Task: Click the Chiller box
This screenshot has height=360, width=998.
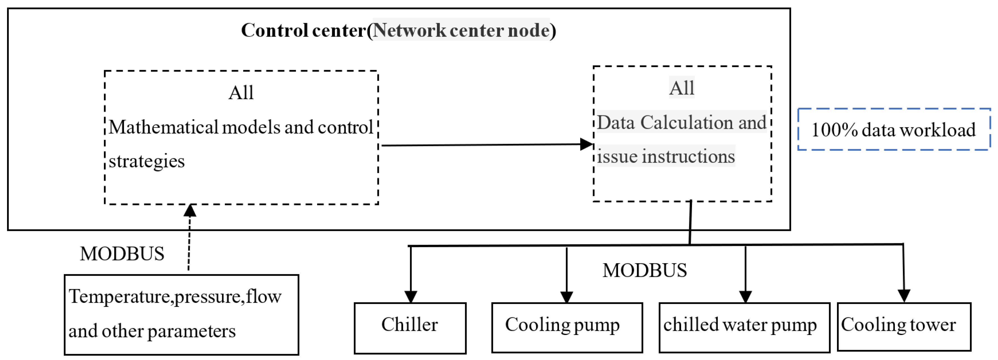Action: (x=410, y=328)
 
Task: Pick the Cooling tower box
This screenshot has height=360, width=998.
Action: (x=904, y=327)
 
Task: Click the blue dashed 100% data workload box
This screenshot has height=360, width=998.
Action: (x=894, y=129)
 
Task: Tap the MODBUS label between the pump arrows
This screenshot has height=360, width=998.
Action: (x=644, y=271)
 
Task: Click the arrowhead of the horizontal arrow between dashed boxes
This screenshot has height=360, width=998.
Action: (x=587, y=145)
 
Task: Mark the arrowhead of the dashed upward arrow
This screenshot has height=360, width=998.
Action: (x=190, y=210)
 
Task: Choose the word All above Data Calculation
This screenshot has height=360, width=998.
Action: (x=682, y=88)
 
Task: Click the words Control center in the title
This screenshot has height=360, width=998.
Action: (x=303, y=30)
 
